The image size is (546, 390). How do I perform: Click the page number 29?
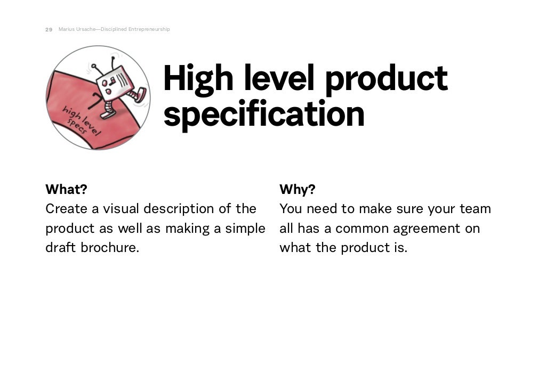point(49,29)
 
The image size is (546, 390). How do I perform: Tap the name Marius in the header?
point(66,29)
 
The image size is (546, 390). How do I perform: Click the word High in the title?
point(198,78)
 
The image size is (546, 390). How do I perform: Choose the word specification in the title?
point(263,114)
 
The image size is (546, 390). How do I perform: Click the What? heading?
point(66,189)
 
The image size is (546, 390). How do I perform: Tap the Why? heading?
point(298,189)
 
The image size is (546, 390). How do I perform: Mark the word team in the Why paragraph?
point(475,208)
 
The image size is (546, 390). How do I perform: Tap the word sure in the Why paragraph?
point(409,208)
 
